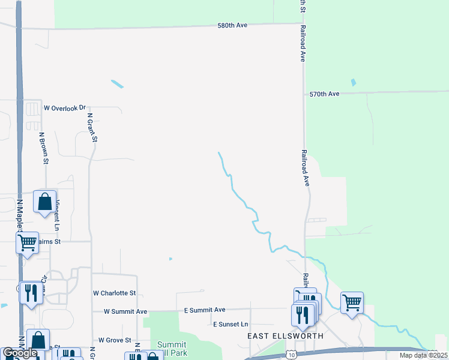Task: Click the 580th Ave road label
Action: point(232,26)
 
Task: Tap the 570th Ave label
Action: point(325,94)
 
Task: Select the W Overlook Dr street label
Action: point(65,108)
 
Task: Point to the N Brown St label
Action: point(44,148)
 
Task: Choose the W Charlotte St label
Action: point(114,293)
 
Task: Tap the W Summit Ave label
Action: point(125,312)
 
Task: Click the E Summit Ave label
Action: point(204,310)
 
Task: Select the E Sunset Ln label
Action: point(231,324)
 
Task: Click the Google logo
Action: point(20,353)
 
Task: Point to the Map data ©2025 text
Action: point(423,355)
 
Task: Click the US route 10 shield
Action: point(291,355)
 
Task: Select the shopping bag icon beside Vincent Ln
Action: point(45,202)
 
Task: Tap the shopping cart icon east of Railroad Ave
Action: point(352,302)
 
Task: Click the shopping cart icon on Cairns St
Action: point(27,243)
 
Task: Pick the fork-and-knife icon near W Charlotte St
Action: point(31,293)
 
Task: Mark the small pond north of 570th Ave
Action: point(353,83)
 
